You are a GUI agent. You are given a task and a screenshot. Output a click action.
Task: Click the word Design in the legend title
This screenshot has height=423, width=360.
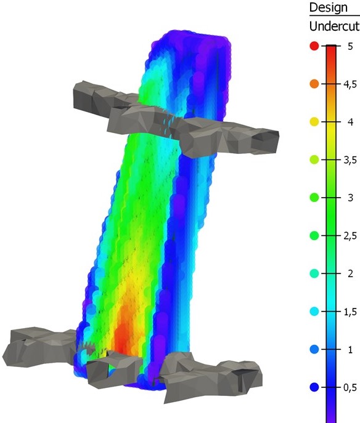coord(328,8)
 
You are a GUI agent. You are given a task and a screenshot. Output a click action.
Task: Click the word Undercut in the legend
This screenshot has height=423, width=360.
coord(334,26)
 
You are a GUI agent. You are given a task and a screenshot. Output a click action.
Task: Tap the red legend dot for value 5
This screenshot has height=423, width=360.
coord(314,46)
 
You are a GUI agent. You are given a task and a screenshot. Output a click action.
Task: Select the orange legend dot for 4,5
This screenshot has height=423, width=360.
coord(314,84)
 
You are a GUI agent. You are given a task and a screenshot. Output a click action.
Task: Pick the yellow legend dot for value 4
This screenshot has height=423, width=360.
coord(314,122)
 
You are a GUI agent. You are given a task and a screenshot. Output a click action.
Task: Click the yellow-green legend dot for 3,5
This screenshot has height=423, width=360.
coord(314,159)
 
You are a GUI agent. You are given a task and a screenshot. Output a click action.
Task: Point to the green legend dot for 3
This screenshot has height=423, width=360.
coord(314,198)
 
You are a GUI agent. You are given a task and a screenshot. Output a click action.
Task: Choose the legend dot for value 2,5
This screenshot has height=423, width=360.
coord(314,236)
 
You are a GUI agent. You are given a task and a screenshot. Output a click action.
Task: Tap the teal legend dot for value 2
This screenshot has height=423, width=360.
coord(314,273)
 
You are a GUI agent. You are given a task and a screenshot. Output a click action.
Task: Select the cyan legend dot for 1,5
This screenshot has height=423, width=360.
coord(314,312)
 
